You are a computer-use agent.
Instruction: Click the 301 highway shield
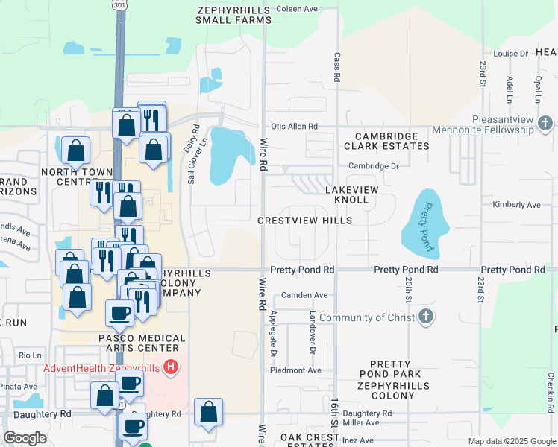click(119, 4)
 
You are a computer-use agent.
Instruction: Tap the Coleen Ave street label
click(297, 9)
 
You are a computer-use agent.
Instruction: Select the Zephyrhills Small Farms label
click(233, 16)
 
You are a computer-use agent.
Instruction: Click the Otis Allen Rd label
click(294, 127)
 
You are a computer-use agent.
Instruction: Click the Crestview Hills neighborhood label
click(304, 221)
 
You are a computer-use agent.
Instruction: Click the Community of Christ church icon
click(425, 317)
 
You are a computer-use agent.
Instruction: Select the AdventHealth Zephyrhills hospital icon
click(171, 367)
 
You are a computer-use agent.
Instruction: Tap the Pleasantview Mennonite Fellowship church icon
click(545, 123)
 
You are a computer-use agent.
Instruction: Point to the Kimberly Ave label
click(516, 204)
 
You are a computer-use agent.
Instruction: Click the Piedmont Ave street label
click(295, 370)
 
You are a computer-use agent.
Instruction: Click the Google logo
click(25, 437)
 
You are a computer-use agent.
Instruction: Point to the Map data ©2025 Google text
click(512, 441)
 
